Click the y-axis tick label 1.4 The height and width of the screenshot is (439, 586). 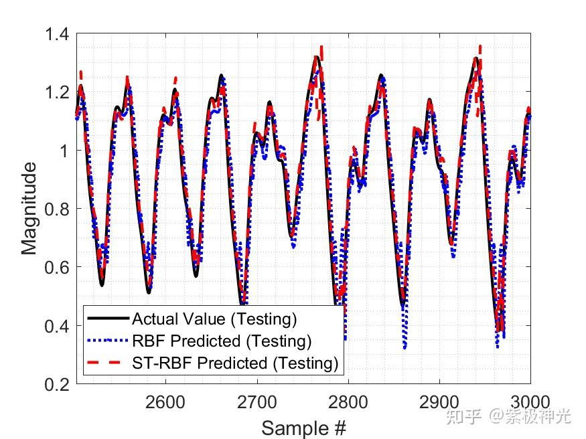pos(58,33)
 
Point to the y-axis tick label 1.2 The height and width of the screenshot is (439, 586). pos(58,92)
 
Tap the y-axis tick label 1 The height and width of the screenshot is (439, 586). pos(65,151)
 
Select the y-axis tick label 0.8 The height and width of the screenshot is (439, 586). pos(58,209)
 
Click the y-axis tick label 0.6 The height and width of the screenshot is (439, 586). pos(58,268)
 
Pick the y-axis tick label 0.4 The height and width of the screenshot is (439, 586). pos(58,326)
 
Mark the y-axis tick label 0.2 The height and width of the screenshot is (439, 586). pos(58,385)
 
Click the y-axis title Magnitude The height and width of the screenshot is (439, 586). pos(29,209)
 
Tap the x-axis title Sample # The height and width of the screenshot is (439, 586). pos(303,428)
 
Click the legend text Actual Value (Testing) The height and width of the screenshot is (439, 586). pos(214,319)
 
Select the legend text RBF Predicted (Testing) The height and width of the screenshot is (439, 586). pos(222,341)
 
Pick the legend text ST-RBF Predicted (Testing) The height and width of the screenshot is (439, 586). pos(235,363)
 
